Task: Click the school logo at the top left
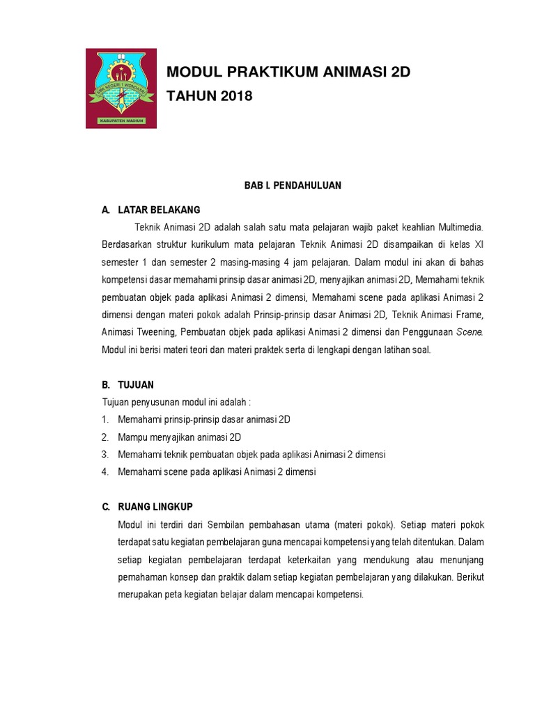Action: [121, 88]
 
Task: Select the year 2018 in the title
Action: [233, 96]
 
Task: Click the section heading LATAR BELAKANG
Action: [159, 210]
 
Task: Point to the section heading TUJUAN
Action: [136, 384]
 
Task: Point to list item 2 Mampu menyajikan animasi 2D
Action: [179, 437]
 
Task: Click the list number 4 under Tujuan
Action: [104, 472]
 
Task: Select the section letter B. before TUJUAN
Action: [106, 384]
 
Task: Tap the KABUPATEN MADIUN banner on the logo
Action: [121, 120]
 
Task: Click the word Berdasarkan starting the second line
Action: [128, 245]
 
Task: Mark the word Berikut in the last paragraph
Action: [470, 577]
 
